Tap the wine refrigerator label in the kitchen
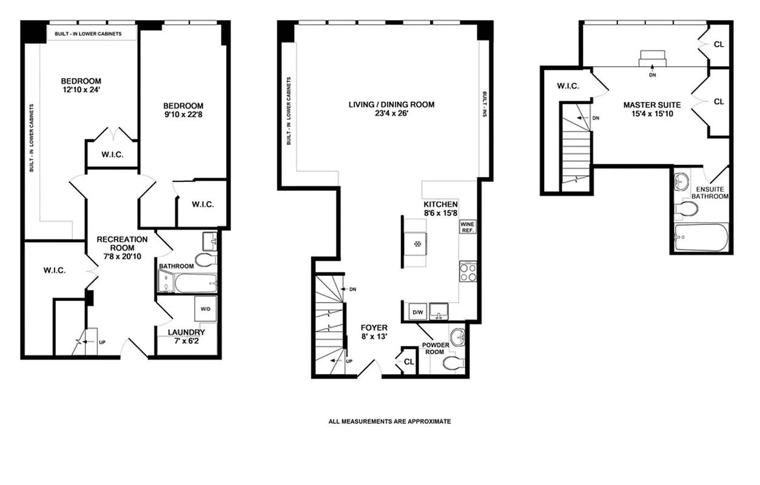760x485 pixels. [468, 227]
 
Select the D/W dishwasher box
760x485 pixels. [417, 312]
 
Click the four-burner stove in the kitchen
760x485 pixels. [468, 272]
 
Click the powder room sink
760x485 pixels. [457, 336]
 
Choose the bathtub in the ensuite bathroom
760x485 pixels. [701, 239]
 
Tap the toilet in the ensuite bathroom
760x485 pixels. [686, 209]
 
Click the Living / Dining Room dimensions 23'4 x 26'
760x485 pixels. [391, 113]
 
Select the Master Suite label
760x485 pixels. [652, 105]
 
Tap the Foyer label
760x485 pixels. [374, 328]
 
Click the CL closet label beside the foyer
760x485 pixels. [408, 362]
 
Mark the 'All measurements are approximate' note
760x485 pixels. [389, 421]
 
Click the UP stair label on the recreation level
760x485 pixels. [102, 343]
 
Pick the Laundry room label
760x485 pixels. [187, 332]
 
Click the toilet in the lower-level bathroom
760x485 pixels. [206, 260]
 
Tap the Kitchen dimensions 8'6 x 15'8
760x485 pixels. [440, 213]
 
